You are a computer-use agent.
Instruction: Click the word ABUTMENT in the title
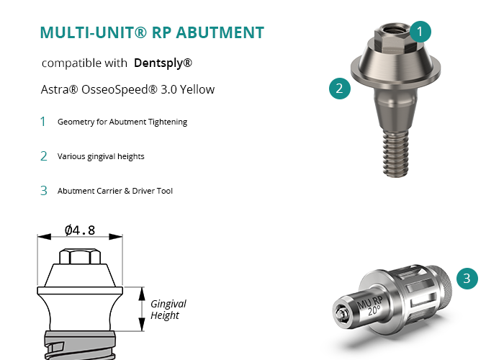(220, 32)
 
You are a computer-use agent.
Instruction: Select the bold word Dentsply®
(163, 63)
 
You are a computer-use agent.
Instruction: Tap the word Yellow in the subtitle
(197, 89)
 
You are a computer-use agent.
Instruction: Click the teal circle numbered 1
(420, 32)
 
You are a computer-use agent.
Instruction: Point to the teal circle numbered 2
(340, 89)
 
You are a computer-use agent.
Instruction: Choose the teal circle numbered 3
(467, 279)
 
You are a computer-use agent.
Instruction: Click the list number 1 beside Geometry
(43, 122)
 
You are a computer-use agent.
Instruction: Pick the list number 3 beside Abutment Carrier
(44, 191)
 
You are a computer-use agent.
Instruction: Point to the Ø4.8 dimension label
(80, 230)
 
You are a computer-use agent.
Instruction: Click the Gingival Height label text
(168, 309)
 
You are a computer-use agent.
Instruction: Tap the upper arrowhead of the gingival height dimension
(142, 294)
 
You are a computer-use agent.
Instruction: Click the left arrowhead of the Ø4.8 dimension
(44, 237)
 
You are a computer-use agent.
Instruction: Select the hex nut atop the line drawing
(80, 256)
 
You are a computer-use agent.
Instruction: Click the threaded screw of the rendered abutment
(396, 153)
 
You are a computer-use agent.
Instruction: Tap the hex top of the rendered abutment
(393, 37)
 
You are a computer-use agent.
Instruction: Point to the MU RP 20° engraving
(371, 306)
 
